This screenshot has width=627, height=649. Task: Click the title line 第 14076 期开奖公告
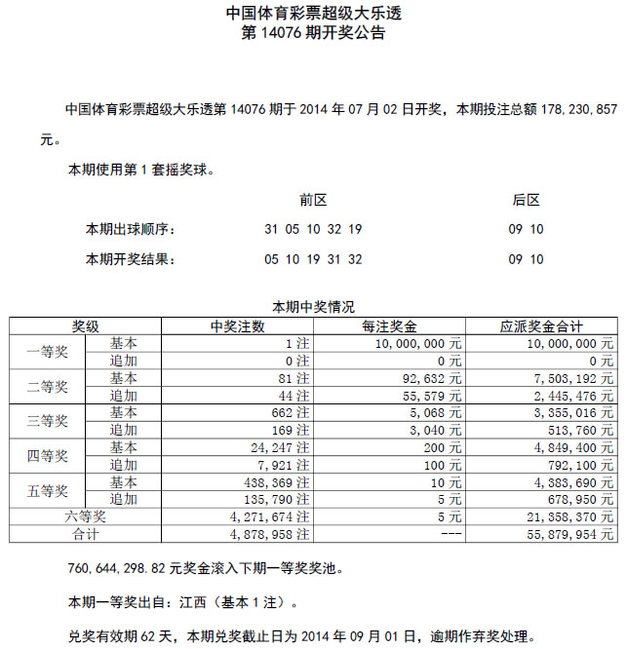(313, 33)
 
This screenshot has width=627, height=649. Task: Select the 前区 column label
(313, 200)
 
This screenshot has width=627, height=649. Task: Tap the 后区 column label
(526, 200)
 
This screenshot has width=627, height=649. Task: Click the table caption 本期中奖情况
(313, 306)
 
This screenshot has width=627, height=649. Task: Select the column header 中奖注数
(237, 326)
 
